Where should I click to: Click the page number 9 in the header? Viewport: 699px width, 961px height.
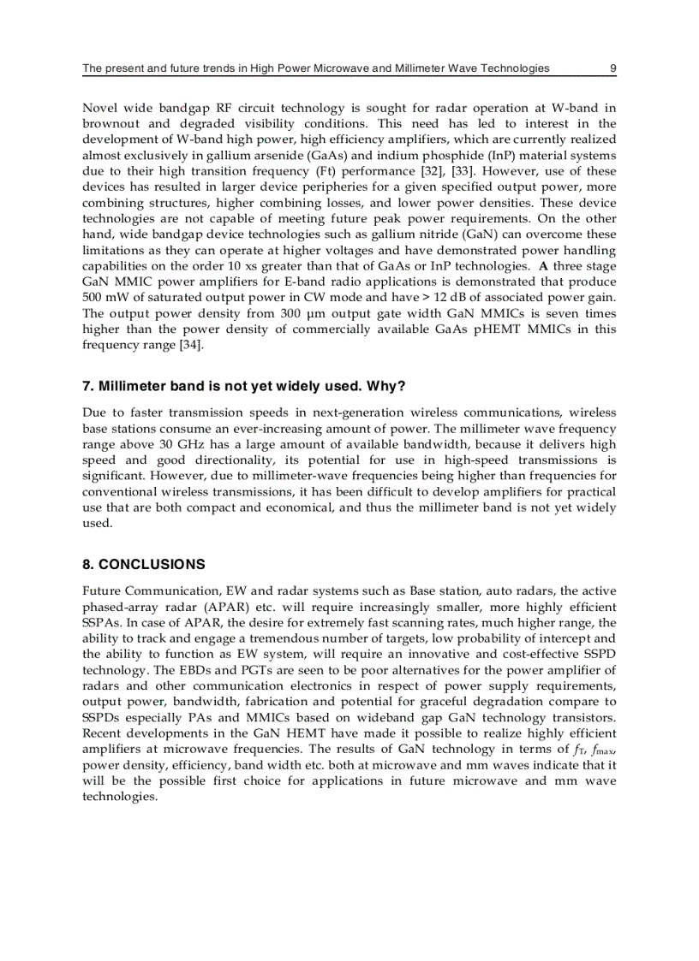coord(612,68)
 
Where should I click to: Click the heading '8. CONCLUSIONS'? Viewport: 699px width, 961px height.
coord(143,565)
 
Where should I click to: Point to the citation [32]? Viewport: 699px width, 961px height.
coord(425,171)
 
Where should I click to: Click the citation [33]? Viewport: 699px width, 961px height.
coord(458,171)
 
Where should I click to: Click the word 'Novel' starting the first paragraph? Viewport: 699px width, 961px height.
coord(99,109)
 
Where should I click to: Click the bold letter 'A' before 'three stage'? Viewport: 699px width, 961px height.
coord(543,266)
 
